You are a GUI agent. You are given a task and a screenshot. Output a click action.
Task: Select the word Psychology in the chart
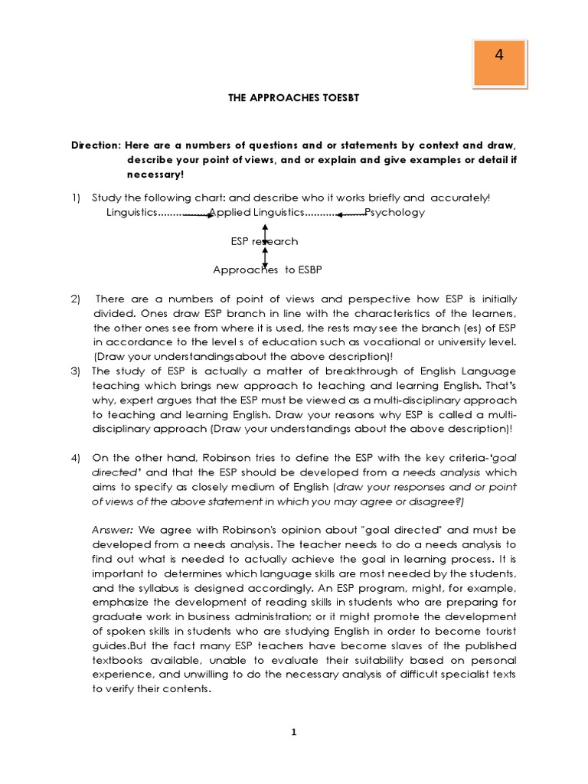(x=395, y=212)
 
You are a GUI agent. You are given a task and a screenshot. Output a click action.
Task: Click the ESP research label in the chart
(x=264, y=241)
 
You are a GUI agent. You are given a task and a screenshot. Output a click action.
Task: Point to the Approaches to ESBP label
(x=264, y=269)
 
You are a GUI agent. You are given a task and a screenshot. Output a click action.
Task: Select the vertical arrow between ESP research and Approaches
(x=265, y=256)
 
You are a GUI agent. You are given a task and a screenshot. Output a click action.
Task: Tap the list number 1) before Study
(x=77, y=198)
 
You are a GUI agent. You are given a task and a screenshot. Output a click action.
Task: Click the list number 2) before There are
(x=77, y=299)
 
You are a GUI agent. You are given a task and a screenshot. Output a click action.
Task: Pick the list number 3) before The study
(x=77, y=371)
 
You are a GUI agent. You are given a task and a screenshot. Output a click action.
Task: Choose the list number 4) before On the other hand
(x=77, y=458)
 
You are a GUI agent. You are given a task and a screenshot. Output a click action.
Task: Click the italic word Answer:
(x=113, y=530)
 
